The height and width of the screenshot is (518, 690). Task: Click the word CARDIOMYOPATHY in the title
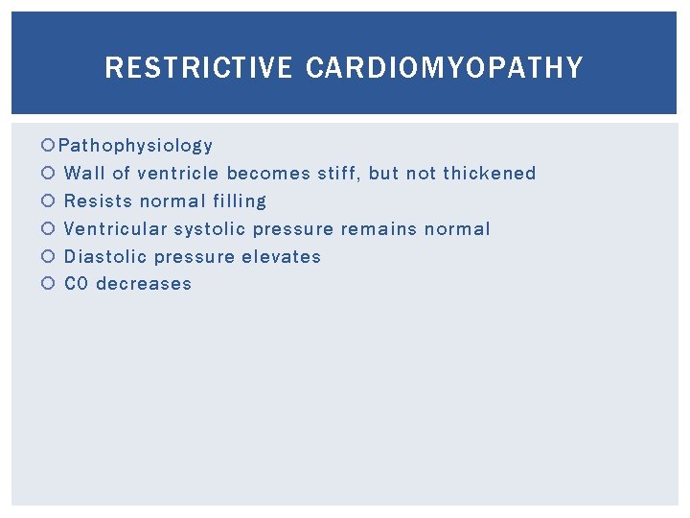tap(445, 68)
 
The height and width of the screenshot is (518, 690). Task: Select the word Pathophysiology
tap(135, 146)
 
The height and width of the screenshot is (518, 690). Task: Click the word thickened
tap(489, 174)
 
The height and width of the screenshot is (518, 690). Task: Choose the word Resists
tap(98, 201)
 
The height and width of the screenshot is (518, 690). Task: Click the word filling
tap(241, 201)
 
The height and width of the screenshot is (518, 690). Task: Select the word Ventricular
tap(115, 229)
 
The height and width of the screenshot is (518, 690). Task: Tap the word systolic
tap(211, 229)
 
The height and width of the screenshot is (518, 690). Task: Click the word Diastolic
tap(104, 257)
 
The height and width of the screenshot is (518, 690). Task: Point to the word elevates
tap(282, 257)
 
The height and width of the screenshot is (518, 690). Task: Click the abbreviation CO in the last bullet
tap(77, 284)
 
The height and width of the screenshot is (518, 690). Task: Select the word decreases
tap(144, 284)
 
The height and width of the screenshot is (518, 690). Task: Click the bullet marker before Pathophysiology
tap(49, 147)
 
